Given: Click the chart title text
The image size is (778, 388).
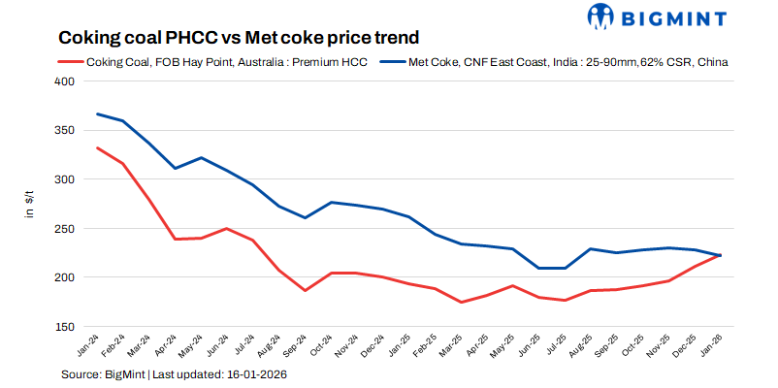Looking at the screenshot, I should coord(239,38).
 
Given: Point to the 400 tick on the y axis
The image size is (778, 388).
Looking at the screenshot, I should coord(63,81).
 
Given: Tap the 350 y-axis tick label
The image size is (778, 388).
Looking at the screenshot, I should coord(63,131).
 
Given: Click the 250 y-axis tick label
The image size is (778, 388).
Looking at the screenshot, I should coord(63,229).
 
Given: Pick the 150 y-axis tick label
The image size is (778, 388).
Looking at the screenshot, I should coord(63,327).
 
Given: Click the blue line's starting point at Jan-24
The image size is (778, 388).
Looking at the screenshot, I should coord(98,113).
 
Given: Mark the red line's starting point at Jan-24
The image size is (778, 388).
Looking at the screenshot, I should coord(98,147).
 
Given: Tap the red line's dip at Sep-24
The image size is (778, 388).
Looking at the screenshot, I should coord(304,291).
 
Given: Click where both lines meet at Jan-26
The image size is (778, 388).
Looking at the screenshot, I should coord(719,255).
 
